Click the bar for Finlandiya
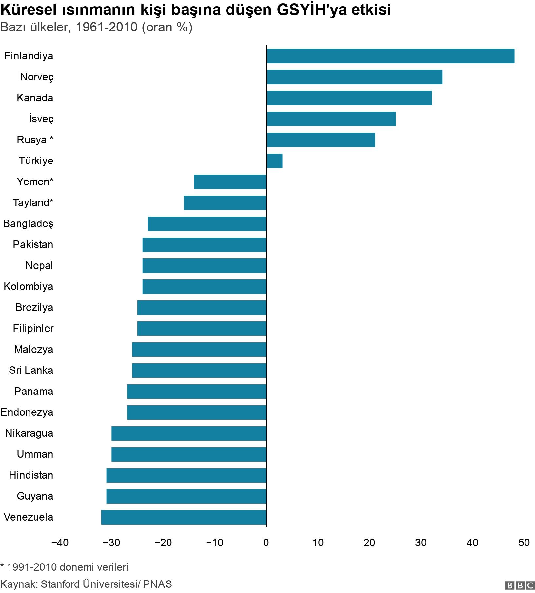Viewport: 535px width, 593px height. pyautogui.click(x=390, y=56)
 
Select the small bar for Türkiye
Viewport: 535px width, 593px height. pyautogui.click(x=274, y=161)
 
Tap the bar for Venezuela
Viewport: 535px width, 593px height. pyautogui.click(x=184, y=517)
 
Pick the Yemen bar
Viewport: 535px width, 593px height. pyautogui.click(x=230, y=182)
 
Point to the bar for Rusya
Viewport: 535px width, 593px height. pyautogui.click(x=321, y=140)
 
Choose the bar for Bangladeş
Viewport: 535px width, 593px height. pyautogui.click(x=207, y=224)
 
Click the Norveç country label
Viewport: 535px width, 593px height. pyautogui.click(x=36, y=77)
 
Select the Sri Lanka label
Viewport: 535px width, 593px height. pyautogui.click(x=31, y=370)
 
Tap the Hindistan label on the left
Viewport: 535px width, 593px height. pyautogui.click(x=31, y=475)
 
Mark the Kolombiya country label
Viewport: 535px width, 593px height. pyautogui.click(x=28, y=286)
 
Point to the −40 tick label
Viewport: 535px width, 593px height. pyautogui.click(x=60, y=543)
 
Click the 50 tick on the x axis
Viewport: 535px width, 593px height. pyautogui.click(x=524, y=543)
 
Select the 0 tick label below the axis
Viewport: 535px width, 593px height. pyautogui.click(x=266, y=543)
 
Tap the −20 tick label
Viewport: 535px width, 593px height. pyautogui.click(x=163, y=543)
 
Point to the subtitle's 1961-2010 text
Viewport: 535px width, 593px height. pyautogui.click(x=107, y=27)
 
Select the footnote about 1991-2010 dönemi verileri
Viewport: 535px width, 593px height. pyautogui.click(x=64, y=567)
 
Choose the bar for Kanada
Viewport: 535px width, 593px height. pyautogui.click(x=349, y=98)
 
